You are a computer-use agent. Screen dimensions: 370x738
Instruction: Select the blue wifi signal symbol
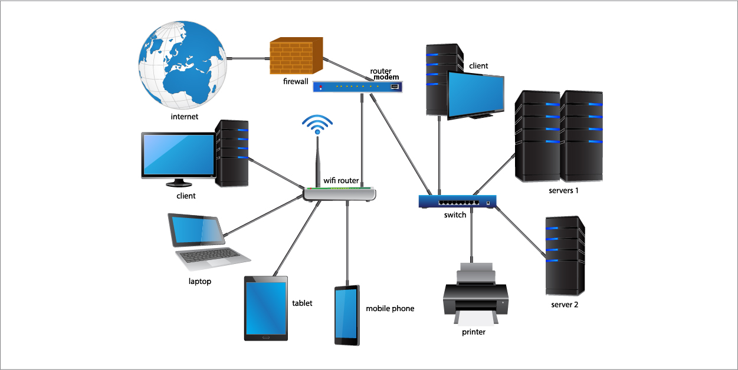[x=317, y=122]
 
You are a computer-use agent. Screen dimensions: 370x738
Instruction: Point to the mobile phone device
[x=347, y=315]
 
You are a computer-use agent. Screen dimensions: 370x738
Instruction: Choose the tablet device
[x=265, y=308]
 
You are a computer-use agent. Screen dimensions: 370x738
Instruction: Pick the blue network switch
[x=457, y=201]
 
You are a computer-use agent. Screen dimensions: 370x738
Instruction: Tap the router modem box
[x=357, y=87]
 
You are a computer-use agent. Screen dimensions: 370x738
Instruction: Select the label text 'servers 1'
[x=563, y=190]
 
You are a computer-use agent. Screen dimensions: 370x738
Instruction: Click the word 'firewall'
[x=296, y=82]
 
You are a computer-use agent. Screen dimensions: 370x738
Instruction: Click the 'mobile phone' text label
[x=390, y=308]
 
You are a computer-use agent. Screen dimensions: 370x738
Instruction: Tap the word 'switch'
[x=455, y=215]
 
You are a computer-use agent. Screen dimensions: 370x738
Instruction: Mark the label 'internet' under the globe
[x=184, y=117]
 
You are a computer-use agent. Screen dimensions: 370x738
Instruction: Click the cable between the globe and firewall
[x=247, y=59]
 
